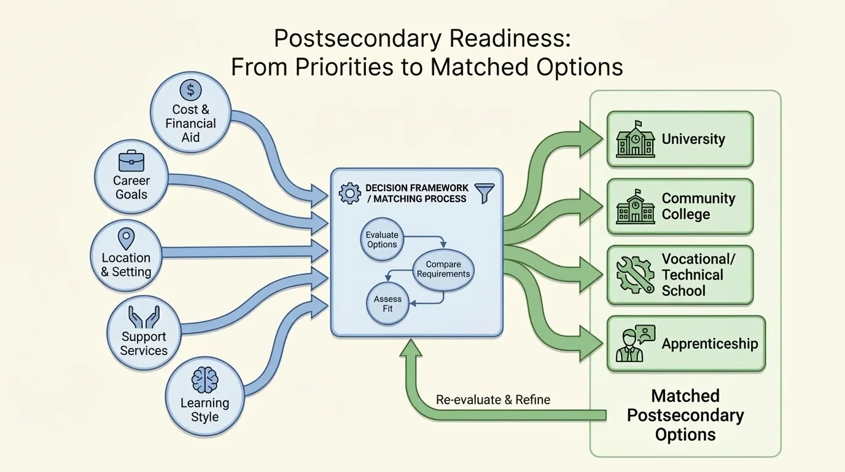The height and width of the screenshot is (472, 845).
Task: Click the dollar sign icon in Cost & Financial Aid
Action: (x=190, y=90)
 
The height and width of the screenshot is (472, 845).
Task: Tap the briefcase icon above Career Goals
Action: (x=131, y=161)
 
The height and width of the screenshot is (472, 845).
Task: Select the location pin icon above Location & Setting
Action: (x=126, y=238)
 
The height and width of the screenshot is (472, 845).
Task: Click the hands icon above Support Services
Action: (x=144, y=317)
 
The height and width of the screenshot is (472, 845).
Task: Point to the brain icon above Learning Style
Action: (x=204, y=380)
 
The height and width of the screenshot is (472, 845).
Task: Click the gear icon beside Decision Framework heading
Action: (x=350, y=193)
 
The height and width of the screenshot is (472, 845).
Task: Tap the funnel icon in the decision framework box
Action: (x=485, y=193)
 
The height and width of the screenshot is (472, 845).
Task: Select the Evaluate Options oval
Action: (x=382, y=240)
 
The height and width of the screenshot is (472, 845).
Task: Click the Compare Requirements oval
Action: (x=443, y=269)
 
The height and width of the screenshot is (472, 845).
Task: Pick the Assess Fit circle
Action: (x=387, y=304)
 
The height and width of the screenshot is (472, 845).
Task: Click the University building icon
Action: (x=635, y=140)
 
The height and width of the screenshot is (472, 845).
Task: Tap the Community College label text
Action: (x=698, y=206)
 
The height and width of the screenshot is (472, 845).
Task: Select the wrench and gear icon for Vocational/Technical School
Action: (x=635, y=275)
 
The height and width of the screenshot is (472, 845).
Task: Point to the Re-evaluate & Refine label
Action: (x=493, y=399)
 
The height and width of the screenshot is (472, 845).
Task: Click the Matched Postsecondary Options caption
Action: (x=685, y=415)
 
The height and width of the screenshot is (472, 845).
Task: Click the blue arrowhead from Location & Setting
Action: (x=319, y=251)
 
